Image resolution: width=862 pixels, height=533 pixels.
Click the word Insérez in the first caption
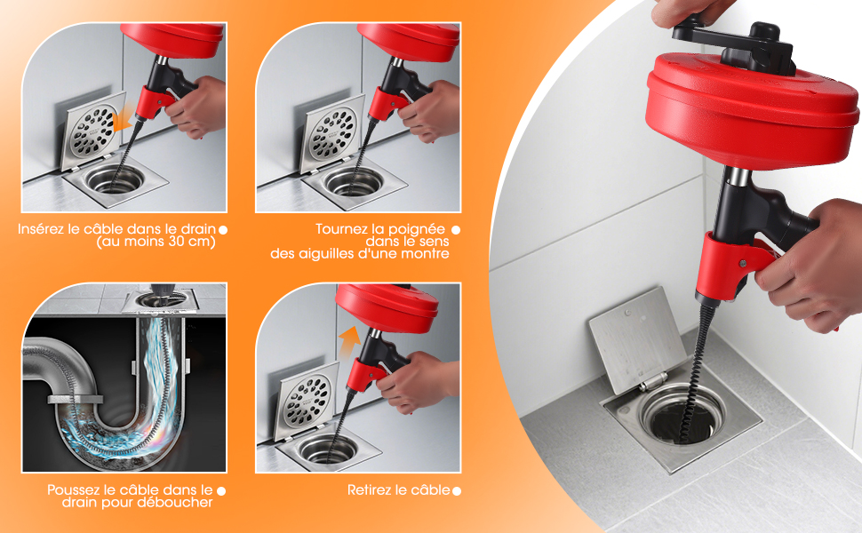pyautogui.click(x=41, y=229)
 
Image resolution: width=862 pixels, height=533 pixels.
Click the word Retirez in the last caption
pyautogui.click(x=369, y=489)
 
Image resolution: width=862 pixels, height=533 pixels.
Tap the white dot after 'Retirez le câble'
pyautogui.click(x=456, y=490)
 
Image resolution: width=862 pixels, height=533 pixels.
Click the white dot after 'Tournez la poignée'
pyautogui.click(x=456, y=230)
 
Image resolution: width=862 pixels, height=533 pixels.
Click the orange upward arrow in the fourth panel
pyautogui.click(x=349, y=341)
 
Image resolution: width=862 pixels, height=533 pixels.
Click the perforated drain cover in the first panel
pyautogui.click(x=93, y=131)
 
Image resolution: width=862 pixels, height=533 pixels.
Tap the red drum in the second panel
pyautogui.click(x=409, y=40)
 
